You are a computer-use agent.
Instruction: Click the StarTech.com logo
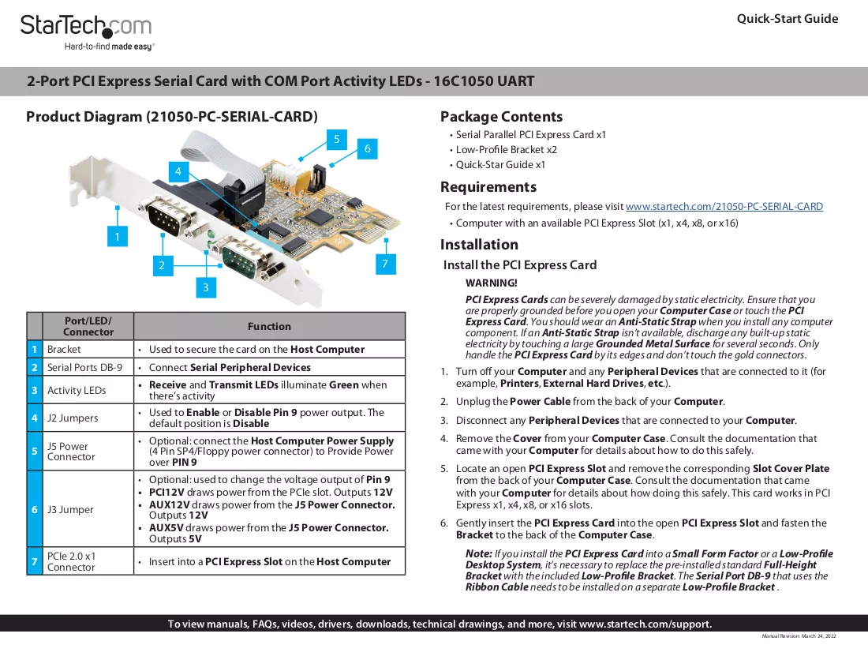click(x=87, y=32)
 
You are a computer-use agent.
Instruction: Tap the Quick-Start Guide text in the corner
click(x=788, y=19)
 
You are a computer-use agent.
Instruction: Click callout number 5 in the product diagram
click(x=337, y=139)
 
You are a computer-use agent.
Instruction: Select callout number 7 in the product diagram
click(x=385, y=264)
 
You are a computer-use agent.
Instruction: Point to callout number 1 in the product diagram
click(x=118, y=237)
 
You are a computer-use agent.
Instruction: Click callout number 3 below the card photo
click(x=206, y=287)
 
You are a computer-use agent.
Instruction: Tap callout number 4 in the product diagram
click(x=178, y=171)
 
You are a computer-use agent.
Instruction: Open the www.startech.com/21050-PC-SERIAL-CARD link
click(x=724, y=207)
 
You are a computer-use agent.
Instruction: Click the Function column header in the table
click(x=269, y=326)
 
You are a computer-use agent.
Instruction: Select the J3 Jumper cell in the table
click(x=70, y=509)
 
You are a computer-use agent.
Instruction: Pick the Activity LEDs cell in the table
click(x=77, y=390)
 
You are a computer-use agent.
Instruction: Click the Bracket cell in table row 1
click(x=64, y=350)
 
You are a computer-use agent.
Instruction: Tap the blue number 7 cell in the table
click(x=34, y=561)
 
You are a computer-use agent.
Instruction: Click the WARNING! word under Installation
click(x=491, y=283)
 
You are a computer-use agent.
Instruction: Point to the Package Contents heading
click(x=501, y=117)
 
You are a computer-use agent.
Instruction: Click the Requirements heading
click(x=488, y=187)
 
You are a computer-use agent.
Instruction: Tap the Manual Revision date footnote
click(x=799, y=636)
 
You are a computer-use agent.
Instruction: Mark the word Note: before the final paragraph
click(x=479, y=553)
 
